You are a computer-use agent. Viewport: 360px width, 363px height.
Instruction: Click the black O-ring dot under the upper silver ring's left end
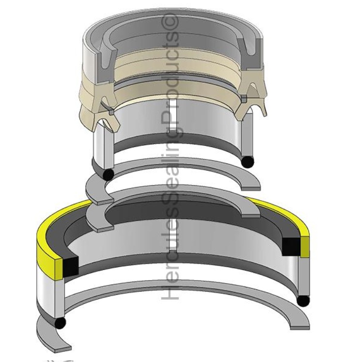click(x=108, y=174)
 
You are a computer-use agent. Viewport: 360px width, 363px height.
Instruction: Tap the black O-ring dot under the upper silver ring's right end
click(x=248, y=161)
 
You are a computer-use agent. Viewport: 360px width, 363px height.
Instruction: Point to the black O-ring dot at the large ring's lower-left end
click(x=60, y=323)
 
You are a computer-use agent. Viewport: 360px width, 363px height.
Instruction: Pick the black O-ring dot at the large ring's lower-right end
click(x=303, y=301)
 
